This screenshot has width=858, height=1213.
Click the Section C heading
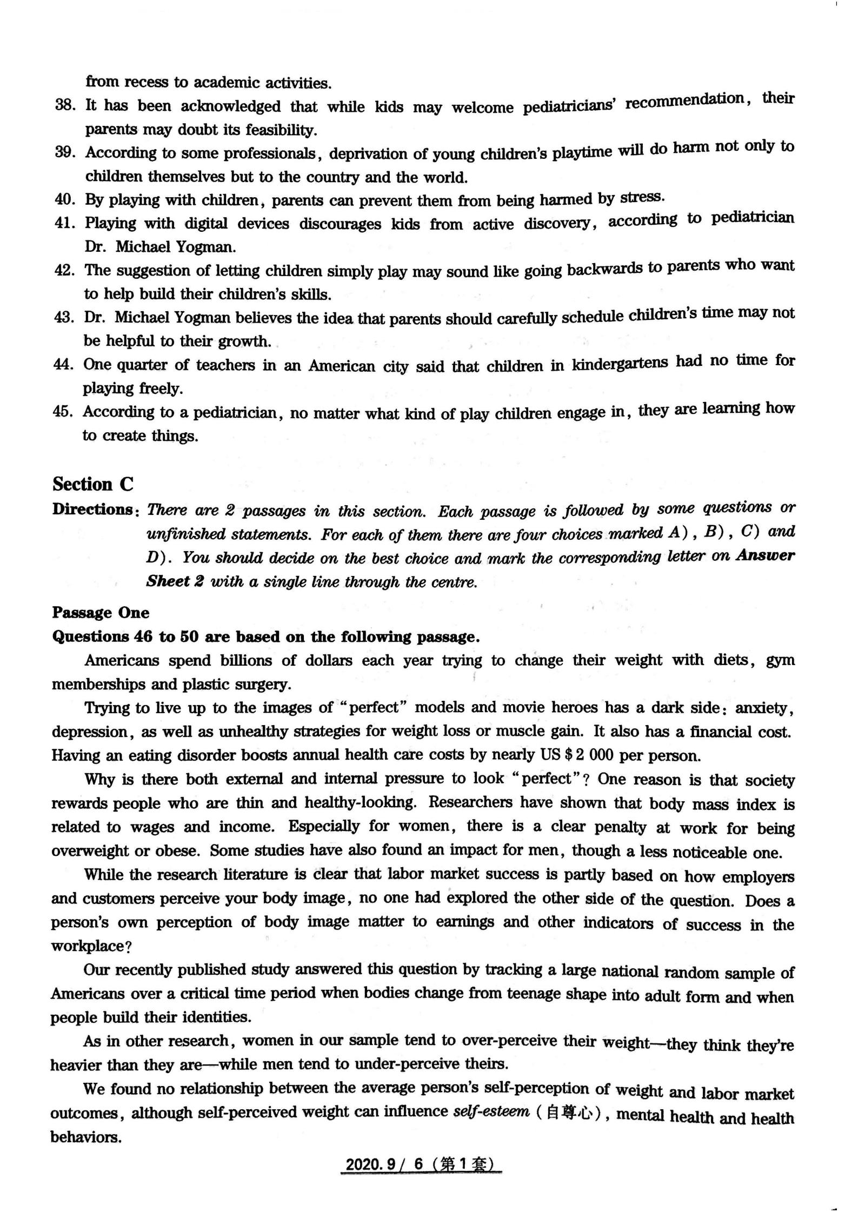(92, 484)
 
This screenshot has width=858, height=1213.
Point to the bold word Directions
(92, 510)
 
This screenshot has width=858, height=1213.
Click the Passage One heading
(100, 612)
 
